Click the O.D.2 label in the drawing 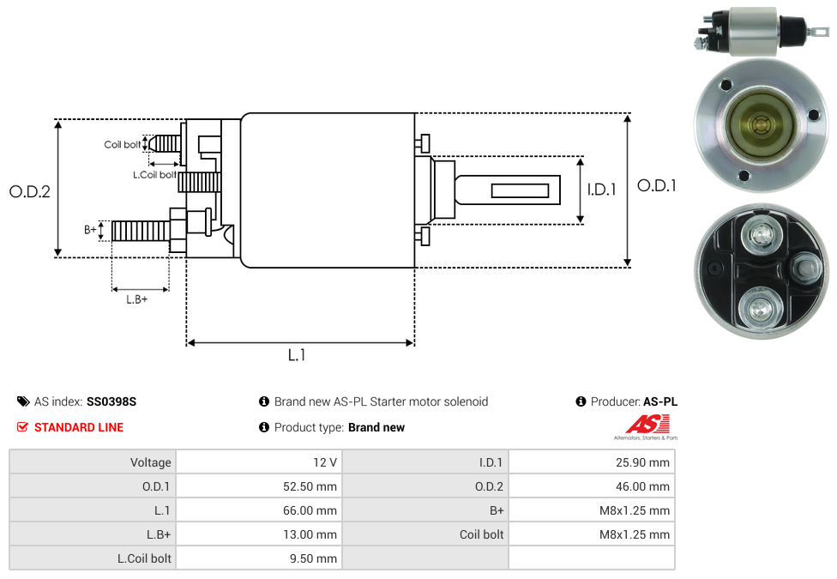coord(30,191)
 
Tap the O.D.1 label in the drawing coord(657,185)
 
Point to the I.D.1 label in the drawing coord(601,190)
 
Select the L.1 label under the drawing coord(297,355)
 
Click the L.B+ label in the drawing coord(137,299)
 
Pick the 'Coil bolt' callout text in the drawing coord(123,145)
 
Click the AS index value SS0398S coord(111,401)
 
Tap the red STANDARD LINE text coord(79,427)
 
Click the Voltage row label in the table coord(151,462)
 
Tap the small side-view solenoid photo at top coord(754,32)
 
